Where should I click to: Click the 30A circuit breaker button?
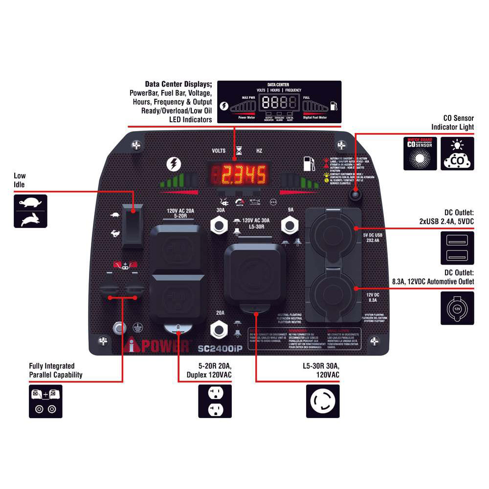coord(220,225)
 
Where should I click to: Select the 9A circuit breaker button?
coord(291,225)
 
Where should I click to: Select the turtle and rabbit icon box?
coord(30,211)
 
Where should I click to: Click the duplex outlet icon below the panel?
coord(215,401)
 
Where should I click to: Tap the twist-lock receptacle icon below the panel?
coord(323,401)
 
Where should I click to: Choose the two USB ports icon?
coord(457,248)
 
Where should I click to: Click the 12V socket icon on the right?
coord(457,308)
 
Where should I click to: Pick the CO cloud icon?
coord(457,154)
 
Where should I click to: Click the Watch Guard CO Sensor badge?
coord(420,154)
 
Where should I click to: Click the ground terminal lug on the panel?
coord(118,327)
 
